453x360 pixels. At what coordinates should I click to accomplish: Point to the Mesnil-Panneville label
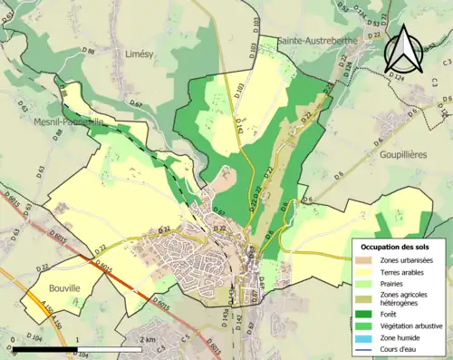tap(67, 121)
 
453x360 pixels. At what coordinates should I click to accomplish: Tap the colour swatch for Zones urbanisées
tap(368, 260)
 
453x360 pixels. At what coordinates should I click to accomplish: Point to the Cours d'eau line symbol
tap(368, 347)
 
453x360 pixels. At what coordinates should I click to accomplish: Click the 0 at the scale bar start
tap(14, 339)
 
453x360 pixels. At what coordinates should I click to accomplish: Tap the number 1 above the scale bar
tap(78, 339)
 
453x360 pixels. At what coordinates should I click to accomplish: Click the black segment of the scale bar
tap(45, 349)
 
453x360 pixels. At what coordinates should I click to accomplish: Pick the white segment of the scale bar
tap(110, 349)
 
